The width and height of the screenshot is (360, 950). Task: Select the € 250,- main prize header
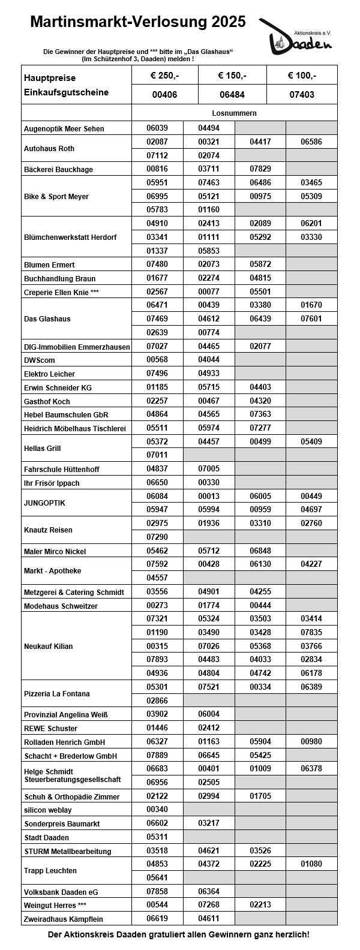coord(164,76)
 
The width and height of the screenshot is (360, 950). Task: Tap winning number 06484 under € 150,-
coord(232,95)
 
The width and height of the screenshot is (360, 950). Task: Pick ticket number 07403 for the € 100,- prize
coord(301,95)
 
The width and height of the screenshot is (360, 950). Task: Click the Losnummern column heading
coord(234,113)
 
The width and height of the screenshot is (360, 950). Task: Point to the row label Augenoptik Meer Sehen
coord(64,129)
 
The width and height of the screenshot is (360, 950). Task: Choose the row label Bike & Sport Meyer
coord(56,197)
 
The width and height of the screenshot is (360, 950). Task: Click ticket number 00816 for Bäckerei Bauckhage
coord(157,169)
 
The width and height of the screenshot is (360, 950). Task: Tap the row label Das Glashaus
coord(47,319)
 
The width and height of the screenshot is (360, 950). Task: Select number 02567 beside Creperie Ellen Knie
coord(157,291)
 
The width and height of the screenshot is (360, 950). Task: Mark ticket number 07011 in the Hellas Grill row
coord(157,455)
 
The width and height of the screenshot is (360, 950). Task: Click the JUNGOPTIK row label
coord(44,503)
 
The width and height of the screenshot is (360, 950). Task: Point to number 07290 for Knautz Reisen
coord(157,537)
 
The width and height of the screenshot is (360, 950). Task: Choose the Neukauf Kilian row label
coord(48,647)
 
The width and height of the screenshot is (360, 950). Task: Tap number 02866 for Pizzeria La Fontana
coord(157,700)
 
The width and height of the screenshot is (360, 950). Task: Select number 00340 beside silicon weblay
coord(157,809)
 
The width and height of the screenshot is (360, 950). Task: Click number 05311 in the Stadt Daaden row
coord(157,837)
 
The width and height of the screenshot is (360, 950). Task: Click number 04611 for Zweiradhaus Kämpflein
coord(208,918)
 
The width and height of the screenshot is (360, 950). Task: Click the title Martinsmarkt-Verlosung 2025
coord(138,22)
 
